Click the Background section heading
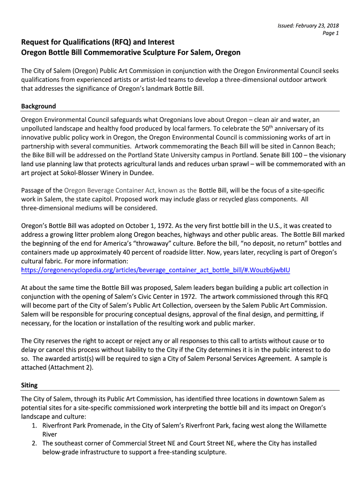pyautogui.click(x=38, y=106)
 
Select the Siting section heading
pyautogui.click(x=29, y=385)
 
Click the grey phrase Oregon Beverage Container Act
pyautogui.click(x=110, y=190)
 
